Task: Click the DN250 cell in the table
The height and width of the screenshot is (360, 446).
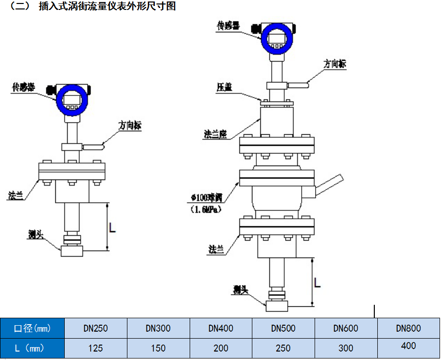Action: [96, 328]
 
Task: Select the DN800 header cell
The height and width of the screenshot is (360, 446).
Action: [408, 328]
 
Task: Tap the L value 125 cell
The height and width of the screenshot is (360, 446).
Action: [96, 348]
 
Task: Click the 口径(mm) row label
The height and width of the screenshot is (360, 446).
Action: [32, 328]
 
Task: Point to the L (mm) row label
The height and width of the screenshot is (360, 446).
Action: [32, 348]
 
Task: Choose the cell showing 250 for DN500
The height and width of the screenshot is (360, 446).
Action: [283, 348]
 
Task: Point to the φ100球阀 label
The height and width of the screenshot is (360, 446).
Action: [205, 198]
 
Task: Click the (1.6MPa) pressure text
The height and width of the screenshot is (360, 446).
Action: [205, 210]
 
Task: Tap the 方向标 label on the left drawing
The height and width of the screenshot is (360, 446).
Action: [130, 126]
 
